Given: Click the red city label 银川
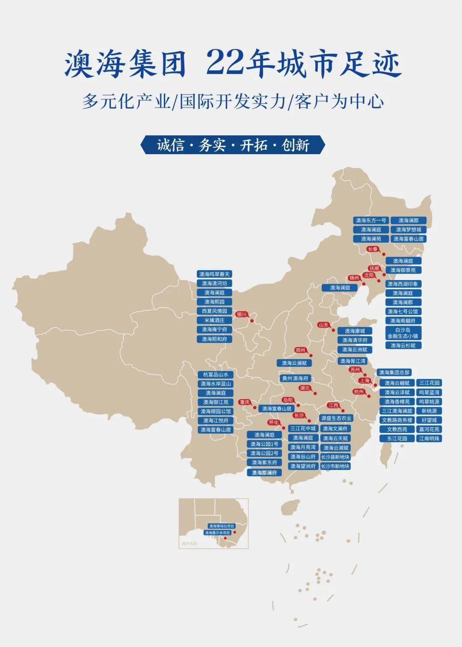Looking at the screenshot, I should tap(242, 314).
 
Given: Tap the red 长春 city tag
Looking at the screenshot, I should tap(373, 249).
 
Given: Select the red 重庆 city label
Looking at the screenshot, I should tap(245, 402).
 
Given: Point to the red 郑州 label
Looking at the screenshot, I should tap(300, 350).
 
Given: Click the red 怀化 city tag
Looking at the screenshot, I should tap(273, 422).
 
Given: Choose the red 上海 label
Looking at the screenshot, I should tap(364, 380).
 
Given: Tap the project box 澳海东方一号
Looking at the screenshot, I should tap(371, 221).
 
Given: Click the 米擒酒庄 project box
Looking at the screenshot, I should tap(214, 320).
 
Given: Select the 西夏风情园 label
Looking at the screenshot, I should tap(214, 311).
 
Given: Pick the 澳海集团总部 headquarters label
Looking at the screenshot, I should tap(394, 373).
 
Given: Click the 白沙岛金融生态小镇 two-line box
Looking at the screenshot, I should tap(403, 333).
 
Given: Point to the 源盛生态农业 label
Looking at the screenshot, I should tap(336, 418).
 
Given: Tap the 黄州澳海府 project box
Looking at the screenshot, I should tap(295, 379).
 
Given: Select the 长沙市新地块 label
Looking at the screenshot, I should tap(335, 466).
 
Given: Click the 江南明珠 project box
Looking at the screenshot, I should tap(429, 438).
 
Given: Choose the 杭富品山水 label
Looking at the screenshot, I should tap(216, 375).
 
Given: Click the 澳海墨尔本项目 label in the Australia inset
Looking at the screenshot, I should tap(218, 533).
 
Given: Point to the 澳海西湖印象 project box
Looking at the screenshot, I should tap(403, 284).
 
